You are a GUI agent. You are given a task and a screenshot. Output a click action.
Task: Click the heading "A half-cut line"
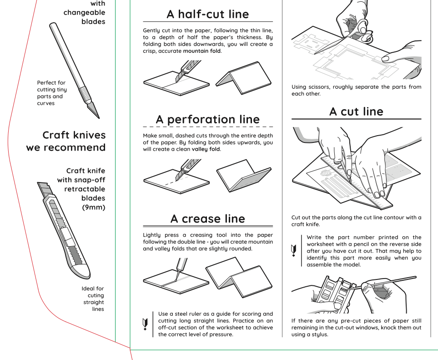(x=208, y=14)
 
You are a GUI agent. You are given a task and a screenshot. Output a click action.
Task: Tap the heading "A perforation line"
(x=208, y=119)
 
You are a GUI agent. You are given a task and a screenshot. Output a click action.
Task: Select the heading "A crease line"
(x=208, y=219)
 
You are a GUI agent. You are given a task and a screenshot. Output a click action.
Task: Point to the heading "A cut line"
(x=356, y=112)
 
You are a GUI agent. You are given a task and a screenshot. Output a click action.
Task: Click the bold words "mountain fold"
(x=202, y=51)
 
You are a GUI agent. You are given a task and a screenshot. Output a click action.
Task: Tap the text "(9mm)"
(x=93, y=208)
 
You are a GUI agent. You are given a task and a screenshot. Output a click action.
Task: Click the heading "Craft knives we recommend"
(x=66, y=141)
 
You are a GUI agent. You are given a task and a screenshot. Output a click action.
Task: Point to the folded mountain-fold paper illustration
(x=243, y=77)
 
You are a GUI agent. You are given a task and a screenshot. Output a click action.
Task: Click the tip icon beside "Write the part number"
(x=294, y=250)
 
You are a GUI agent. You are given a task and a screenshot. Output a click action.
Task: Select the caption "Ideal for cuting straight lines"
(x=93, y=299)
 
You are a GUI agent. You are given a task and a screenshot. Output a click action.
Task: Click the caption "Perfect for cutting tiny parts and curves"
(x=52, y=93)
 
